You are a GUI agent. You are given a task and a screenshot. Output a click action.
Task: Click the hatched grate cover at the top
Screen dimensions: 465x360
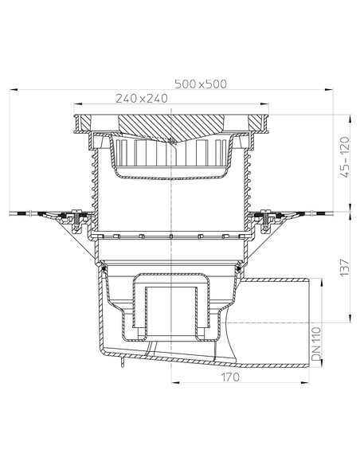click(x=172, y=127)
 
